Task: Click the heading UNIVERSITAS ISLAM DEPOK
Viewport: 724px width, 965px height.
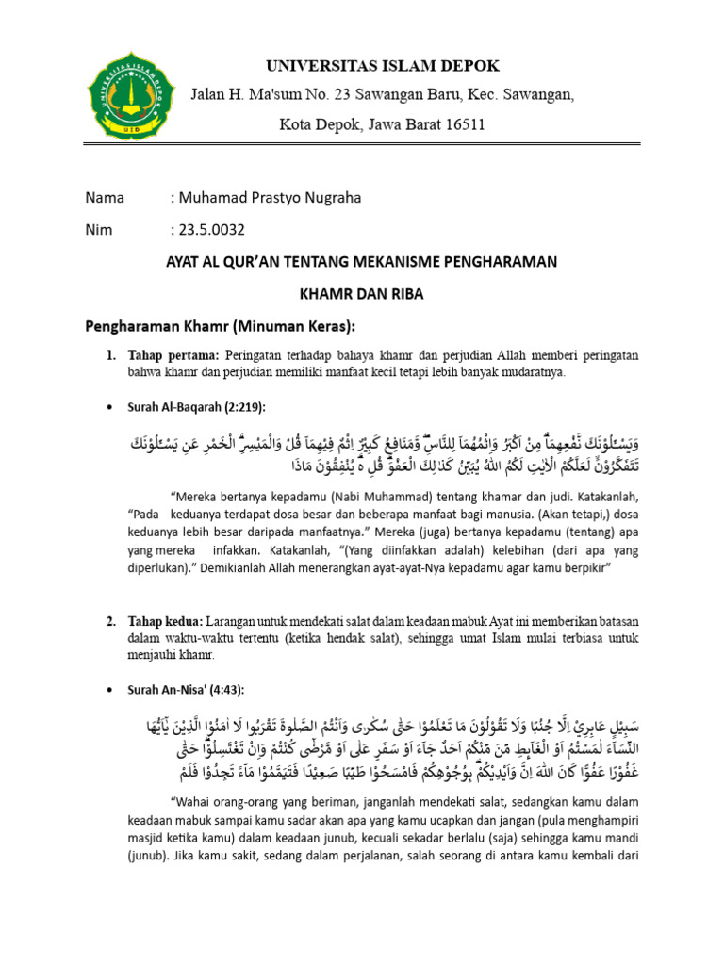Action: [x=383, y=65]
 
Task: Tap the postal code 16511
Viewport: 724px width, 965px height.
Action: [x=462, y=124]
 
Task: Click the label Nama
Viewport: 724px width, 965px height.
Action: [x=105, y=198]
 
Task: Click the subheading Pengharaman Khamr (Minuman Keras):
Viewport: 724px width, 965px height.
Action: [x=222, y=326]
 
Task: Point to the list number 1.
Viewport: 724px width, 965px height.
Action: [x=110, y=354]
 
